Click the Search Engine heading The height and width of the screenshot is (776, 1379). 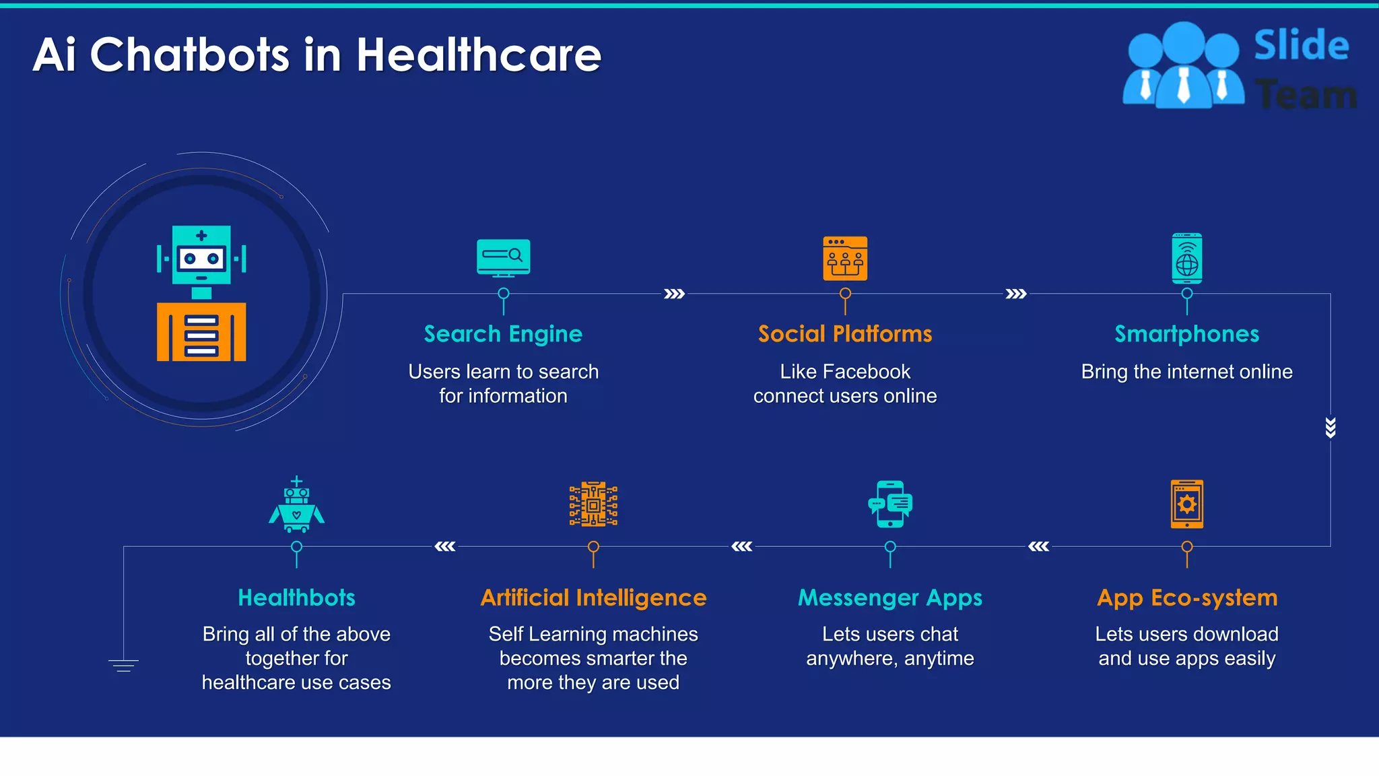click(503, 334)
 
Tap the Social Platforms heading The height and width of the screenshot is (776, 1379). click(845, 334)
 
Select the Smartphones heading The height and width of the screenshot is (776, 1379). click(1186, 334)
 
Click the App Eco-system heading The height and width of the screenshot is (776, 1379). click(1186, 597)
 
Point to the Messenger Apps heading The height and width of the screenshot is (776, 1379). click(889, 597)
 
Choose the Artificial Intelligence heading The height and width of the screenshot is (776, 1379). click(593, 597)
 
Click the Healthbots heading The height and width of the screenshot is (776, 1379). click(296, 597)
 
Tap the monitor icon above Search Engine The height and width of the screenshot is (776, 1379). click(503, 257)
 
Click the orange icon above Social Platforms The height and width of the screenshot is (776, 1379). click(845, 258)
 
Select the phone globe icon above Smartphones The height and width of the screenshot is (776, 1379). click(1186, 259)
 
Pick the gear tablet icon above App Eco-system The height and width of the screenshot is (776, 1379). click(1186, 504)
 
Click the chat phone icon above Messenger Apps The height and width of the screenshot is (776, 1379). click(889, 504)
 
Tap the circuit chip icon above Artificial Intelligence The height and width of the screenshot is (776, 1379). click(593, 504)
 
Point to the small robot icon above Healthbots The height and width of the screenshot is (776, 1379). click(296, 505)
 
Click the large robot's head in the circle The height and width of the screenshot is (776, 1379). click(201, 255)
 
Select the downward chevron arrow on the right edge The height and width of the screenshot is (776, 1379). click(1330, 428)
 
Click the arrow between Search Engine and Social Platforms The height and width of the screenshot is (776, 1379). click(674, 294)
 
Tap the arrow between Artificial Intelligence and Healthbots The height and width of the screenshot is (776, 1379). click(444, 546)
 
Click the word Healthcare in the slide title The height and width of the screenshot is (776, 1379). click(478, 55)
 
